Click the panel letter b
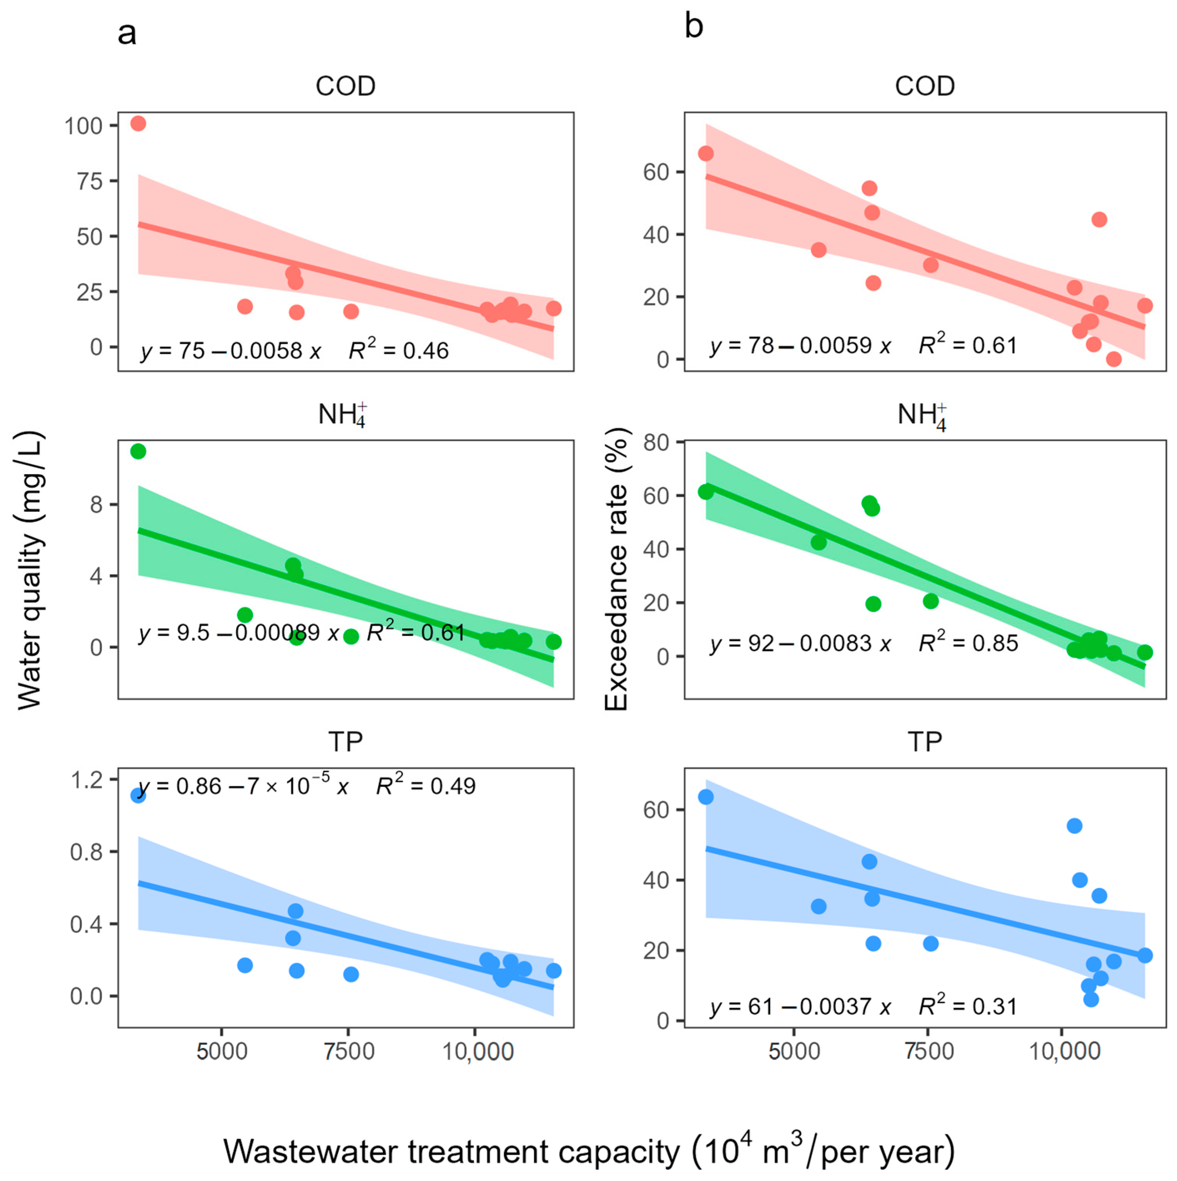pos(694,27)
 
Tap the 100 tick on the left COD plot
pos(83,126)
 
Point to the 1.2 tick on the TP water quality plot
pos(86,781)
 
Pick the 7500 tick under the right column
pos(929,1051)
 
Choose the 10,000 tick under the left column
pos(478,1051)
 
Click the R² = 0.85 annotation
pos(968,643)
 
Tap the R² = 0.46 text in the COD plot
pos(399,350)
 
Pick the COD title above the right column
pos(924,86)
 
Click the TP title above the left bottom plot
pos(346,742)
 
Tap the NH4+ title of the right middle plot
pos(922,416)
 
